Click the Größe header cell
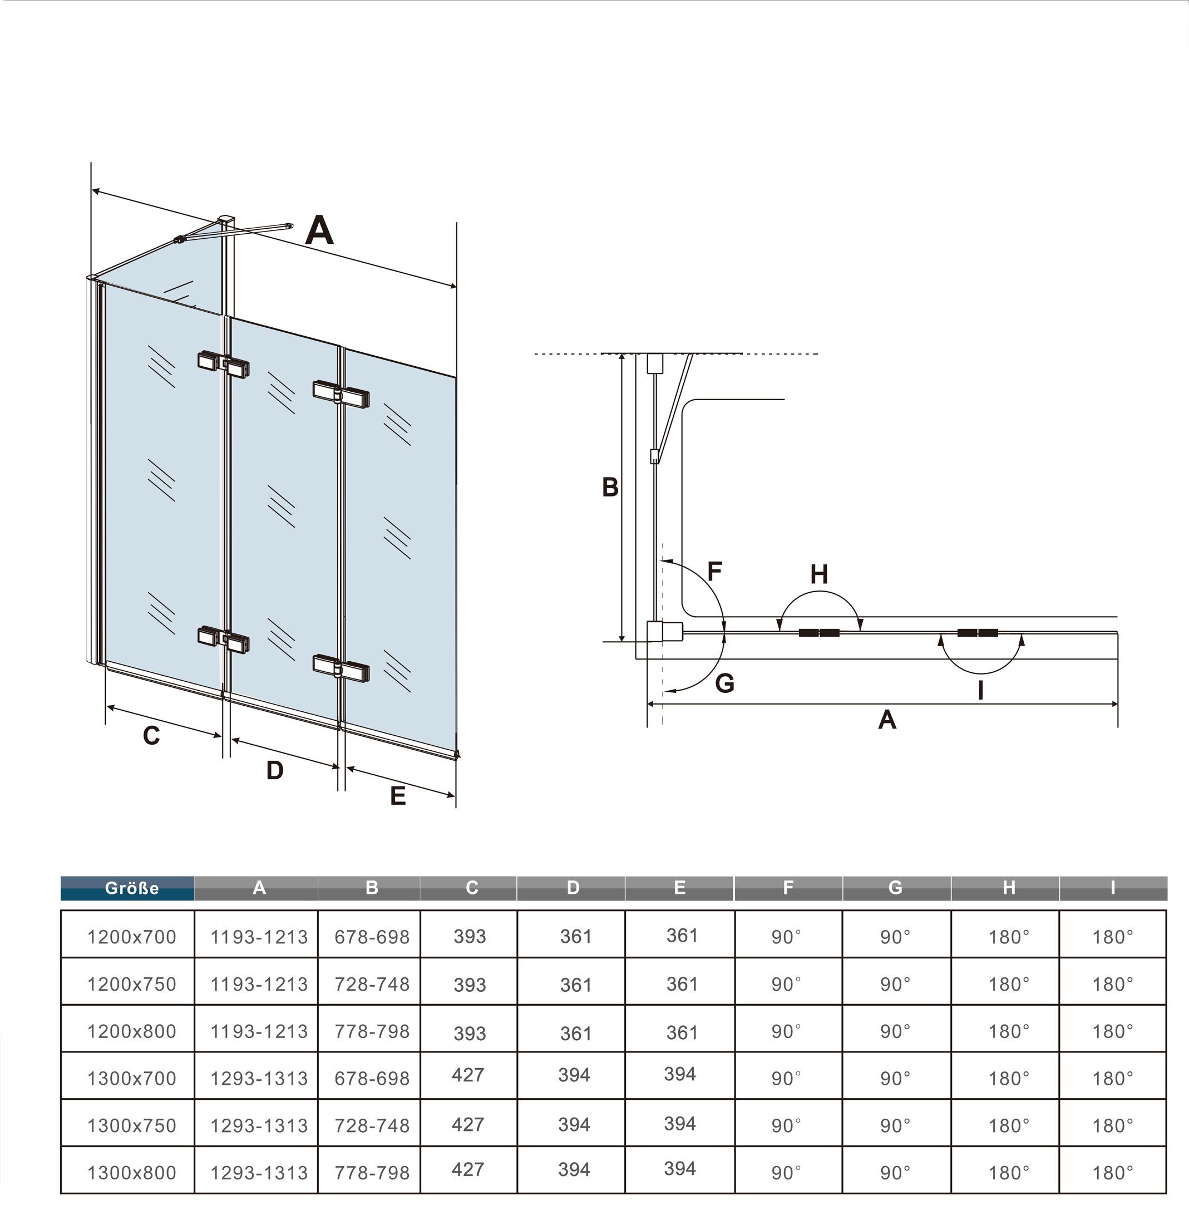click(132, 888)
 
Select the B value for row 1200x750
click(372, 984)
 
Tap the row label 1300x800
click(132, 1173)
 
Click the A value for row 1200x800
click(259, 1031)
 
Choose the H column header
click(1009, 888)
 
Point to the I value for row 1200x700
click(1112, 936)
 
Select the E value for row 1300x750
click(679, 1123)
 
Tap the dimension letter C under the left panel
click(152, 736)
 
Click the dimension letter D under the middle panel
click(275, 770)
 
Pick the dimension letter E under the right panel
click(398, 796)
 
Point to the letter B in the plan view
click(610, 487)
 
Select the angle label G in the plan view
click(724, 683)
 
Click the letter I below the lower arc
click(981, 690)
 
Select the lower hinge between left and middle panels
click(224, 638)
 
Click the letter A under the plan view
click(887, 720)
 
